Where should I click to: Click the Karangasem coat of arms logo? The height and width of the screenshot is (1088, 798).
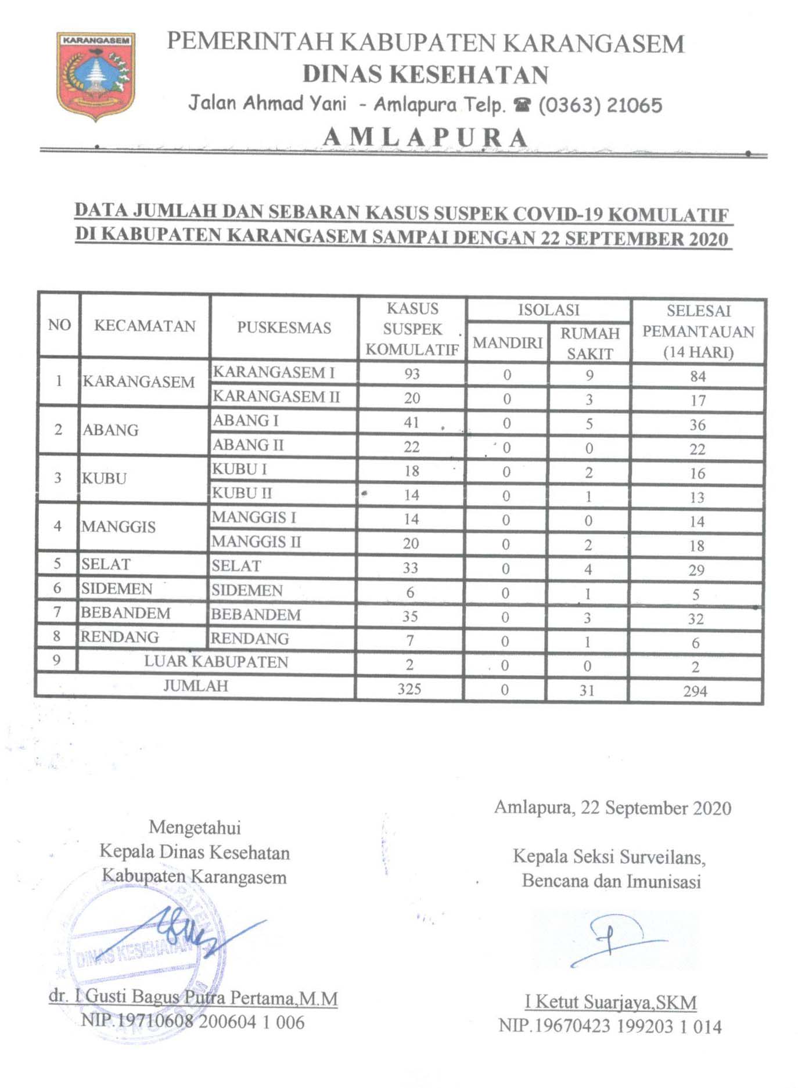[96, 75]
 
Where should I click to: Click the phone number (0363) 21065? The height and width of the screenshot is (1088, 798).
[600, 105]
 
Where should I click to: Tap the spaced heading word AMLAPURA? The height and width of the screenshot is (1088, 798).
[426, 138]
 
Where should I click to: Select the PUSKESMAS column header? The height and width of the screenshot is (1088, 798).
[284, 327]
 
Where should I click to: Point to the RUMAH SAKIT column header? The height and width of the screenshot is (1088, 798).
[589, 343]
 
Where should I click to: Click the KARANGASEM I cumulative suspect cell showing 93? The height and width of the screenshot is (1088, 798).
[412, 373]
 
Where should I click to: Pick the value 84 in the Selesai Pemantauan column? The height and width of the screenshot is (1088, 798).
[698, 376]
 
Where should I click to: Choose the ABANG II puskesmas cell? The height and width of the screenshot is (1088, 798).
[248, 445]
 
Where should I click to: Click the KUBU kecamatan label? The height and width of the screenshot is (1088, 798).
[105, 478]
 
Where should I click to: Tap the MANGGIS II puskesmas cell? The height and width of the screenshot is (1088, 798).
[256, 542]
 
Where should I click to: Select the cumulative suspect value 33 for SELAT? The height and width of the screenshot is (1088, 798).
[411, 568]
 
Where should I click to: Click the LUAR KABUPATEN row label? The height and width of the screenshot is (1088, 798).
[216, 662]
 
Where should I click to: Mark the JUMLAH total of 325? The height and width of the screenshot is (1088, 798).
[409, 689]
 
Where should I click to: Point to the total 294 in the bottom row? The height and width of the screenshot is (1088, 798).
[695, 691]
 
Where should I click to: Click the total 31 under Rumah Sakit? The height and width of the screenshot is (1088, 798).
[587, 690]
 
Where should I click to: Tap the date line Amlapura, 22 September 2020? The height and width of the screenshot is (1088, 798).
[613, 808]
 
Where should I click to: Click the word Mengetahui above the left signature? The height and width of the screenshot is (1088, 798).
[195, 827]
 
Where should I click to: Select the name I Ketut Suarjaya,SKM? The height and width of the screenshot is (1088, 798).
[610, 1001]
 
